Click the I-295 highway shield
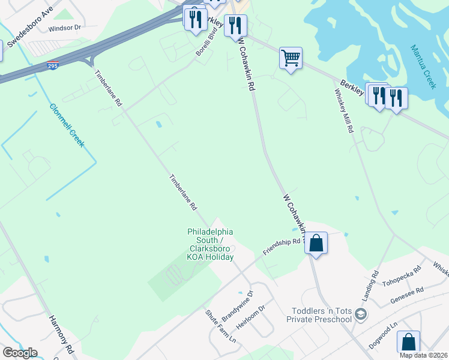(x=54, y=65)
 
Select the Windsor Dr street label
(x=65, y=28)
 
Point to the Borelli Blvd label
(x=205, y=42)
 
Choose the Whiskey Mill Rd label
(x=344, y=111)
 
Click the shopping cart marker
(x=291, y=58)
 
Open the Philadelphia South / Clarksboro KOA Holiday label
(x=210, y=244)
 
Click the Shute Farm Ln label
(x=220, y=326)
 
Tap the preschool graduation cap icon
(x=360, y=314)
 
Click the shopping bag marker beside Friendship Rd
(x=316, y=243)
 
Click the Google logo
(x=20, y=353)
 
